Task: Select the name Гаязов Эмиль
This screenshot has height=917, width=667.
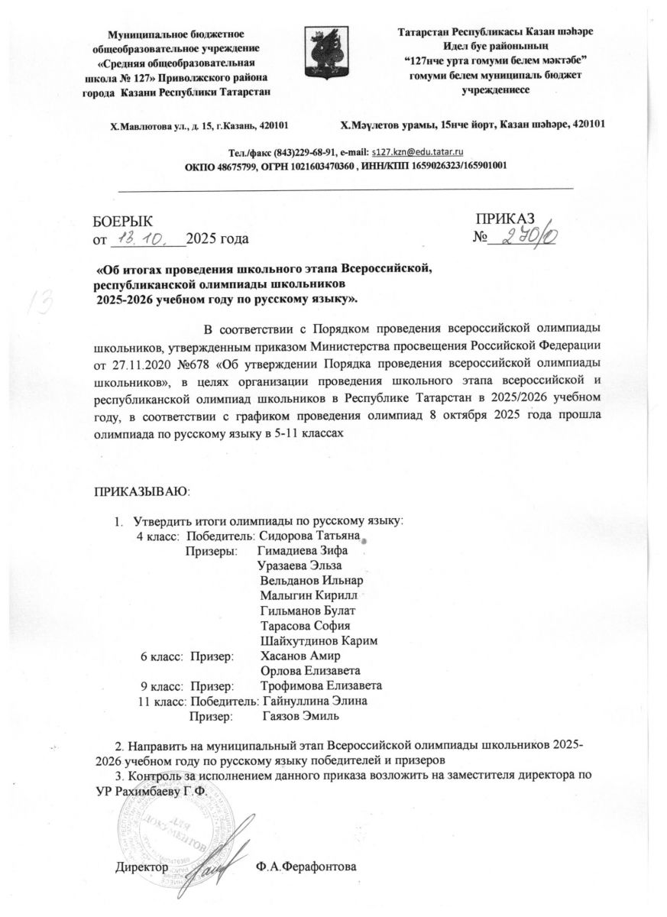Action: pos(301,715)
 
